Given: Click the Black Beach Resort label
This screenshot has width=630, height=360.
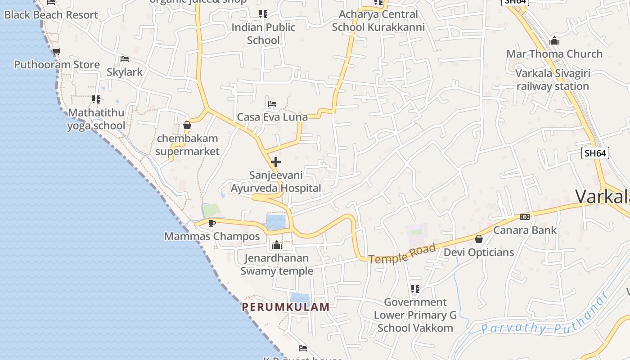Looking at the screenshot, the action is (51, 15).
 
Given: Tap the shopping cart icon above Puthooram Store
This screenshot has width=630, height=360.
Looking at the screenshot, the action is (56, 52).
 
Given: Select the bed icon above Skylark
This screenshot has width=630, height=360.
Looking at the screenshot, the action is (125, 59).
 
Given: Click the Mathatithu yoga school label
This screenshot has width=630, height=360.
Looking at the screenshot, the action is (96, 119).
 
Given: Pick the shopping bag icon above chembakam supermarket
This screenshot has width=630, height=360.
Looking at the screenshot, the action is (187, 125).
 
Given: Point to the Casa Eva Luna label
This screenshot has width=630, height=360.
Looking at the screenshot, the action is (272, 117).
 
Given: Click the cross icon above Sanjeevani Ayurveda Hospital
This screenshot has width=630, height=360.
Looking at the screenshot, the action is (276, 162).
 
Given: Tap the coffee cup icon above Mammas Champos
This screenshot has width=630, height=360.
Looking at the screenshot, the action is (212, 223).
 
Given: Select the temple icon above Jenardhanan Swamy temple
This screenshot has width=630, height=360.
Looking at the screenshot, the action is (276, 245).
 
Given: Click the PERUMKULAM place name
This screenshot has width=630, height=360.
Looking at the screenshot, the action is (286, 307).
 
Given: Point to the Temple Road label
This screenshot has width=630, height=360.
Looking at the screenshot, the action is (402, 253).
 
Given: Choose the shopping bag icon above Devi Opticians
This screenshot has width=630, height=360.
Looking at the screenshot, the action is (479, 239).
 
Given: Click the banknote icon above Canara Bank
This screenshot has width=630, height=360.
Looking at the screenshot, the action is (525, 217).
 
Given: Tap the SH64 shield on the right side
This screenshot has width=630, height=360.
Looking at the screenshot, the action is (595, 153).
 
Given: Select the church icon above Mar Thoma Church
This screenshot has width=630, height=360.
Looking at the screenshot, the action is (554, 41).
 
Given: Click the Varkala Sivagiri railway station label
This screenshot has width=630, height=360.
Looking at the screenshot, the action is (553, 80).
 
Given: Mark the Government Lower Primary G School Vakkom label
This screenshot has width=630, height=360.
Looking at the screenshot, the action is (415, 315).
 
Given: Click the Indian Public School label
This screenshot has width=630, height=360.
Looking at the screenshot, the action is (263, 34).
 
